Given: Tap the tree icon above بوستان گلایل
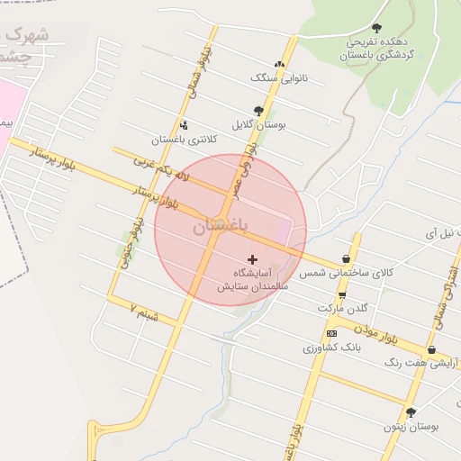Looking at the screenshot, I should click(258, 111).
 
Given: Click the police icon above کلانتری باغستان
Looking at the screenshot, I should click(184, 125).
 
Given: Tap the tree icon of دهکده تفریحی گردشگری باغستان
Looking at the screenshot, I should click(376, 29).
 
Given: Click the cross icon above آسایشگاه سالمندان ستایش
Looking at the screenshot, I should click(251, 259).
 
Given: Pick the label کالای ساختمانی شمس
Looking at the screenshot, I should click(347, 272).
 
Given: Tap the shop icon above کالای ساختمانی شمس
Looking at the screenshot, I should click(347, 258).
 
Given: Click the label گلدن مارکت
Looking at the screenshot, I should click(343, 308).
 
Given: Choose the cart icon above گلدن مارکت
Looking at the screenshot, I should click(341, 295).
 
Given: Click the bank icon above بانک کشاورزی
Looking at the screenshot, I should click(332, 333).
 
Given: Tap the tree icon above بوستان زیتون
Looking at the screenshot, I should click(411, 412).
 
